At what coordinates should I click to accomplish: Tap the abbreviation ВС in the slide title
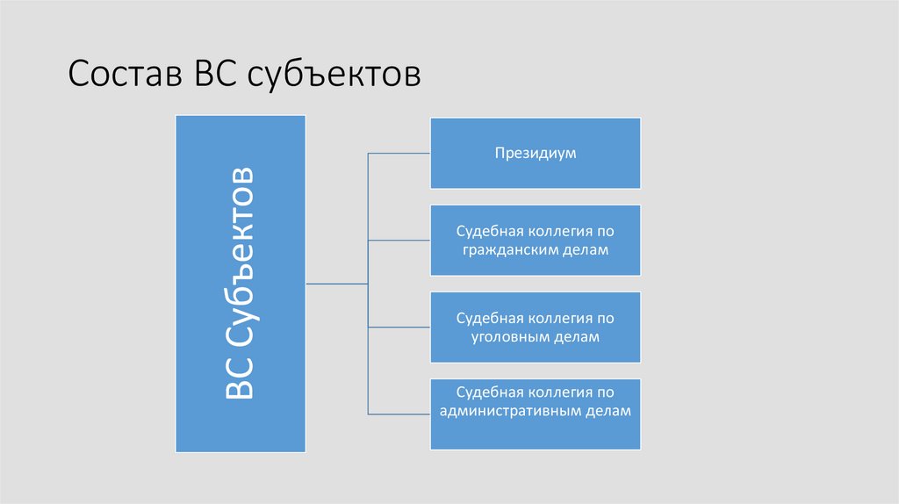click(x=212, y=75)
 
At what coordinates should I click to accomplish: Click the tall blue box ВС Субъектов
click(x=241, y=283)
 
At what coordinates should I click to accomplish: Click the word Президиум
click(x=535, y=153)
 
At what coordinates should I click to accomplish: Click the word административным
click(x=512, y=411)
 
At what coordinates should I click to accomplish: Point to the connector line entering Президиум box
click(x=399, y=153)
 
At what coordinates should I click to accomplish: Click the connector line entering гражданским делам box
click(x=399, y=240)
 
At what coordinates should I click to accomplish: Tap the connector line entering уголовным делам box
click(x=399, y=327)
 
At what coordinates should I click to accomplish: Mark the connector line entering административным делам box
click(x=399, y=414)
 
